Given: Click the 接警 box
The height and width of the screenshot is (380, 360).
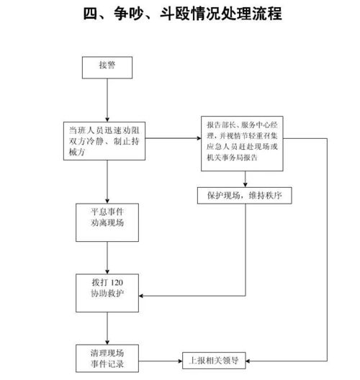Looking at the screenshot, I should [x=107, y=66].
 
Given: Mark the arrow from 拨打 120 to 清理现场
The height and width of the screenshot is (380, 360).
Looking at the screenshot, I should [x=107, y=327].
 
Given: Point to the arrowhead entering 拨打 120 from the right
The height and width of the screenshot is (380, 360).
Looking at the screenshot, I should [x=143, y=294].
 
